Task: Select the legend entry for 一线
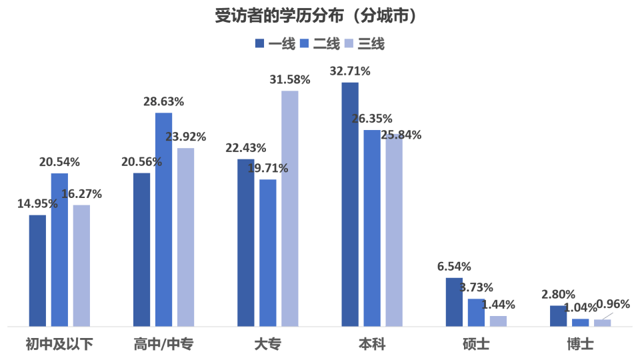[x=275, y=44]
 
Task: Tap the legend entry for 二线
[x=320, y=44]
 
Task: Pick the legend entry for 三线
[x=364, y=44]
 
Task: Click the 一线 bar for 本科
[x=349, y=204]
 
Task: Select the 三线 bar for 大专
[x=290, y=208]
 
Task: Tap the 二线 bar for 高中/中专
[x=163, y=219]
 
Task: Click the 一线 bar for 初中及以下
[x=37, y=270]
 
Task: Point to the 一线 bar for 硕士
[x=454, y=301]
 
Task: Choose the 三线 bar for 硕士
[x=498, y=321]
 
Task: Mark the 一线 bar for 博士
[x=559, y=315]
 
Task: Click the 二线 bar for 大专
[x=268, y=253]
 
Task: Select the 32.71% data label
[x=350, y=71]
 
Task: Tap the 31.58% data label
[x=289, y=80]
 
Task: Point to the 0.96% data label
[x=613, y=304]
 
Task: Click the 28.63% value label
[x=163, y=102]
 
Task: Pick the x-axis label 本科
[x=371, y=344]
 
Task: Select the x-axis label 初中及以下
[x=59, y=344]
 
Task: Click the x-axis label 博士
[x=580, y=344]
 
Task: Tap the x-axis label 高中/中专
[x=163, y=344]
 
